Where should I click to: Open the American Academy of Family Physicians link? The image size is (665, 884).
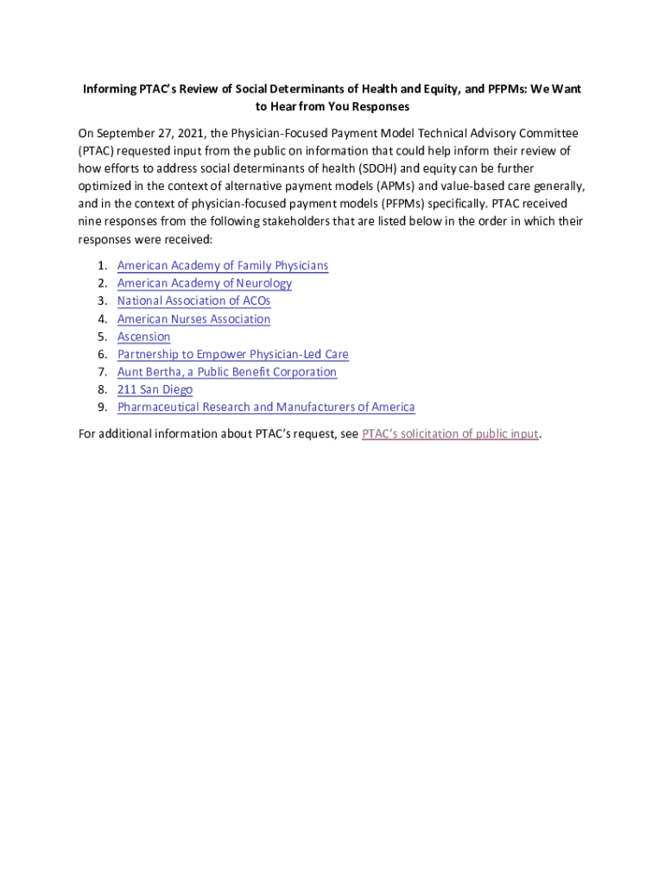click(223, 266)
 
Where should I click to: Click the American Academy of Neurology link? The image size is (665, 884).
click(205, 283)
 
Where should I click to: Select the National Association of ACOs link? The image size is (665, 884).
click(193, 301)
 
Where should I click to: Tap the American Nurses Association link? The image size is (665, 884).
click(193, 319)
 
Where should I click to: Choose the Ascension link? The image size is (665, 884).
click(143, 337)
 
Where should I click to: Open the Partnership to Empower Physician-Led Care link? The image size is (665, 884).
click(233, 355)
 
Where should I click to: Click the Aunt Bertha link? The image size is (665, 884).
click(227, 372)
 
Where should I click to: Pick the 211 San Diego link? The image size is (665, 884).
click(155, 389)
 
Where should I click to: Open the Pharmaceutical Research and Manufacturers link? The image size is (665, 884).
click(266, 407)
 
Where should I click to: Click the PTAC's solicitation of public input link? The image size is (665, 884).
click(450, 433)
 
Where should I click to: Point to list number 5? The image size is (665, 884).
click(102, 337)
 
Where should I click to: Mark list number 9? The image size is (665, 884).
click(102, 407)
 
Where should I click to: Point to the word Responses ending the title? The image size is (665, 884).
click(380, 107)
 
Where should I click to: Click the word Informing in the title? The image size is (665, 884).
click(109, 90)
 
